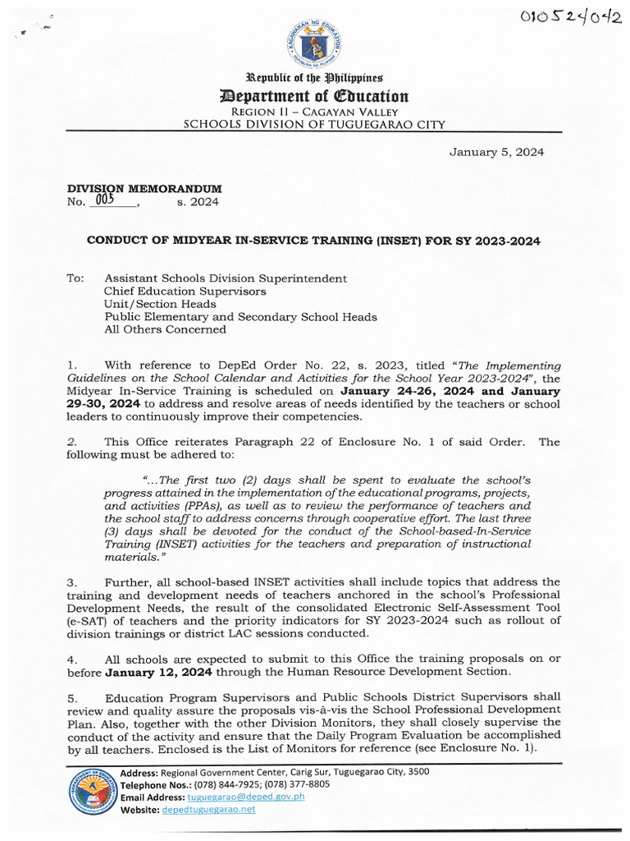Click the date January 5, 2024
pos(495,152)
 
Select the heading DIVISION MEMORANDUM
pos(144,189)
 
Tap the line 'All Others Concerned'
pos(164,329)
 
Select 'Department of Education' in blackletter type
pos(315,97)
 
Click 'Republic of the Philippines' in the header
pos(315,80)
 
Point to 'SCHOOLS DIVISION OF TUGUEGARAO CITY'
pos(314,125)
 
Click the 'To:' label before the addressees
pos(75,278)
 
